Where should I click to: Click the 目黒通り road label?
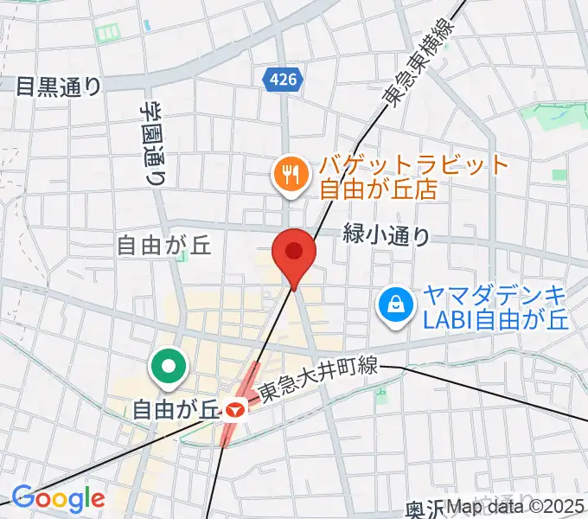[59, 86]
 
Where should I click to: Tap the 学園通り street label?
[153, 143]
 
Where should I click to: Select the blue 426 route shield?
[282, 80]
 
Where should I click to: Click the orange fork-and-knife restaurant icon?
[289, 176]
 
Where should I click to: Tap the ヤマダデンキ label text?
[493, 294]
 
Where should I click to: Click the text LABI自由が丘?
[493, 320]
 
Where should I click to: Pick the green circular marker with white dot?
[169, 368]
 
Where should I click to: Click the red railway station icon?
[233, 409]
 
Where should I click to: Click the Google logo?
[58, 498]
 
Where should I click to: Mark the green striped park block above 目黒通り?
[109, 34]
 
